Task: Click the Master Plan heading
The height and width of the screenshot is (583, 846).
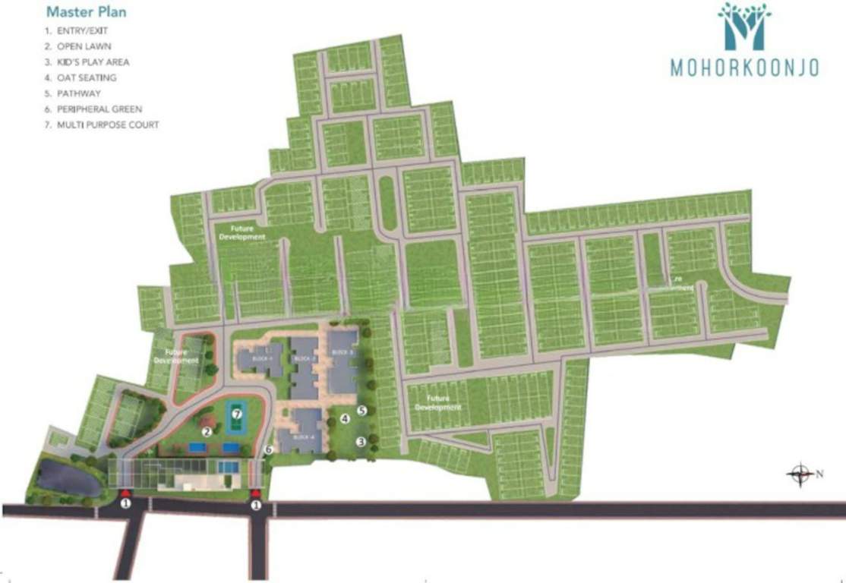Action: pyautogui.click(x=86, y=12)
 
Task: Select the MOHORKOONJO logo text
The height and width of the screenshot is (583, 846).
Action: pyautogui.click(x=743, y=68)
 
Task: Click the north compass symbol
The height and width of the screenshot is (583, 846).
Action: pyautogui.click(x=799, y=474)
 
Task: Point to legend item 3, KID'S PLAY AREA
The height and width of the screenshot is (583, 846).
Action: pyautogui.click(x=86, y=61)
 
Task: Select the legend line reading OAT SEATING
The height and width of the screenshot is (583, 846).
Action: pyautogui.click(x=80, y=77)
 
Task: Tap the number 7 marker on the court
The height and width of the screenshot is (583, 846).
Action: pyautogui.click(x=237, y=414)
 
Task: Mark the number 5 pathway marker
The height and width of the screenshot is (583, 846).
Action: pyautogui.click(x=361, y=411)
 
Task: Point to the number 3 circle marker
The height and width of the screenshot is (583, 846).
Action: pyautogui.click(x=361, y=440)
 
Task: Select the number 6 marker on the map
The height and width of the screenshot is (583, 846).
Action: pyautogui.click(x=268, y=449)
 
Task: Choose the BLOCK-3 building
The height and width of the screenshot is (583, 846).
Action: pyautogui.click(x=343, y=363)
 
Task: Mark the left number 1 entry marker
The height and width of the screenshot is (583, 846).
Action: pyautogui.click(x=126, y=503)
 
